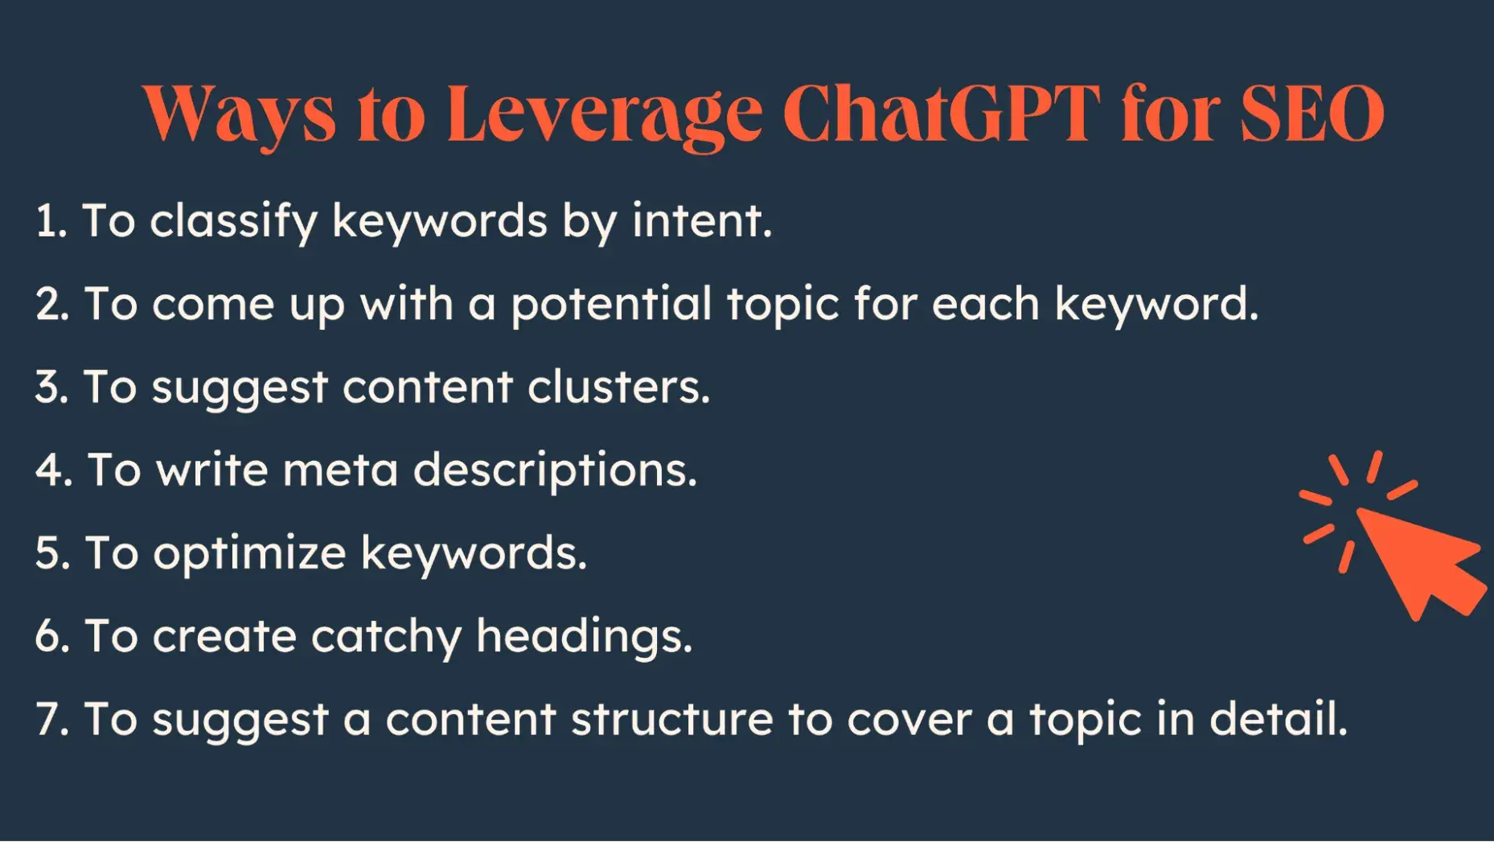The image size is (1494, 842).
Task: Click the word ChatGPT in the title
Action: click(x=941, y=114)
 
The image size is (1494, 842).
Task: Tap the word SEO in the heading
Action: click(x=1311, y=114)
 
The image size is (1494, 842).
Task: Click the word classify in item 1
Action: click(x=233, y=222)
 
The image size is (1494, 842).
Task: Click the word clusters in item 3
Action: click(x=618, y=387)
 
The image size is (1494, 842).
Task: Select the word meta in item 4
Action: click(x=340, y=470)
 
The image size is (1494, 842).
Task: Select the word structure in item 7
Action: click(x=672, y=719)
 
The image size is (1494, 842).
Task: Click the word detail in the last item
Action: click(x=1278, y=718)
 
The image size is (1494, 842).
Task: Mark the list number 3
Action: click(x=51, y=387)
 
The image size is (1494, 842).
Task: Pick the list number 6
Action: click(x=51, y=636)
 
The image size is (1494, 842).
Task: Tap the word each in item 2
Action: click(x=986, y=304)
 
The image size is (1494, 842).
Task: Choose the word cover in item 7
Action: click(x=909, y=719)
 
